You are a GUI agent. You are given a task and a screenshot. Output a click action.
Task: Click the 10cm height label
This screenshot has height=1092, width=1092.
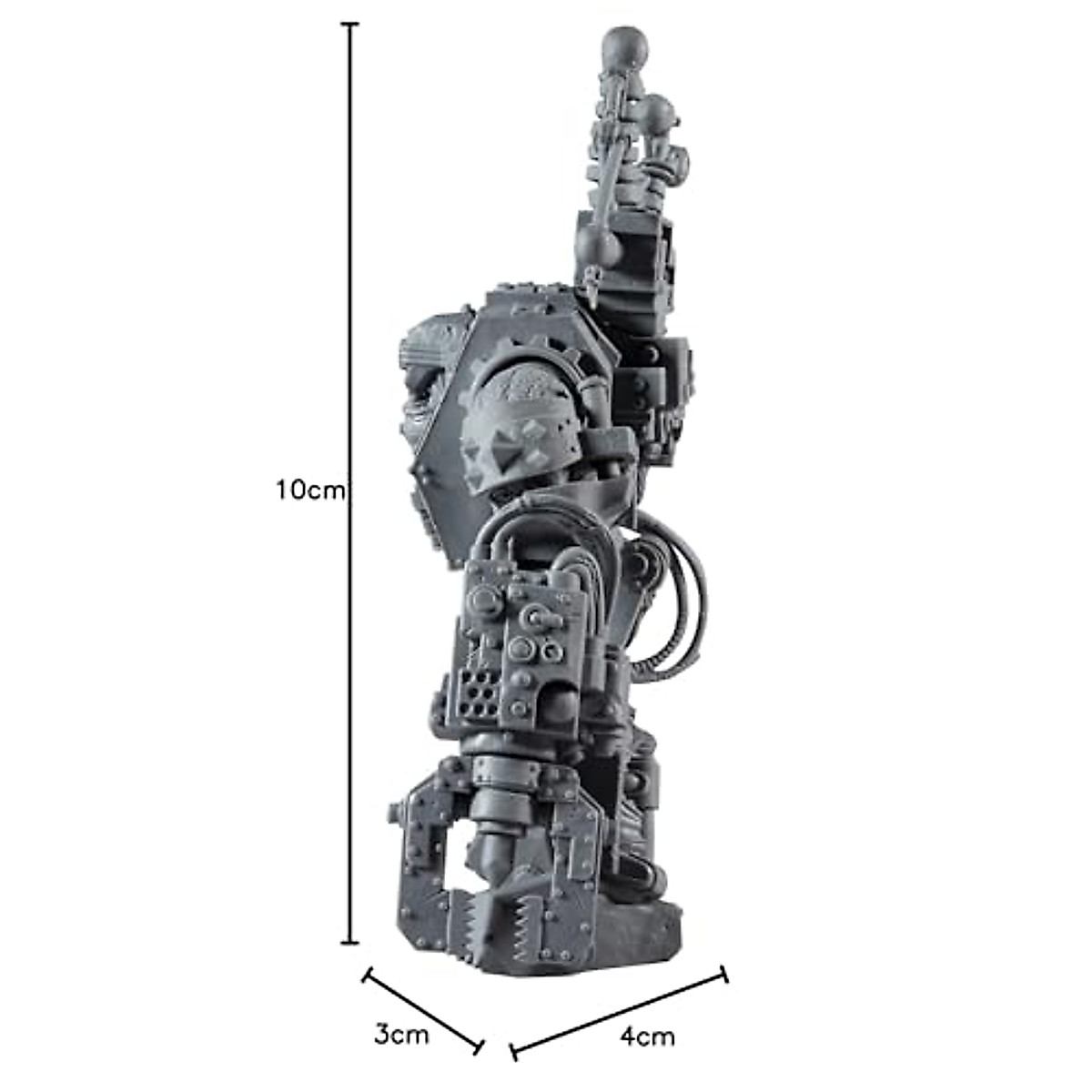coord(311,490)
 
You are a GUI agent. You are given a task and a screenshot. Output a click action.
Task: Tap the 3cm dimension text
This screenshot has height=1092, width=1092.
coord(400,1035)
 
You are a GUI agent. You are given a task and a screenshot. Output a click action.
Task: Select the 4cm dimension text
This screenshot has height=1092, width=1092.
coord(647,1036)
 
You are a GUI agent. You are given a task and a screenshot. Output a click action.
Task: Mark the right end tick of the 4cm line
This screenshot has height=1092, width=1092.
coord(725,974)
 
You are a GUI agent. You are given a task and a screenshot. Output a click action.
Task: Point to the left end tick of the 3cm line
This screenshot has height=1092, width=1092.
coord(367,976)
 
